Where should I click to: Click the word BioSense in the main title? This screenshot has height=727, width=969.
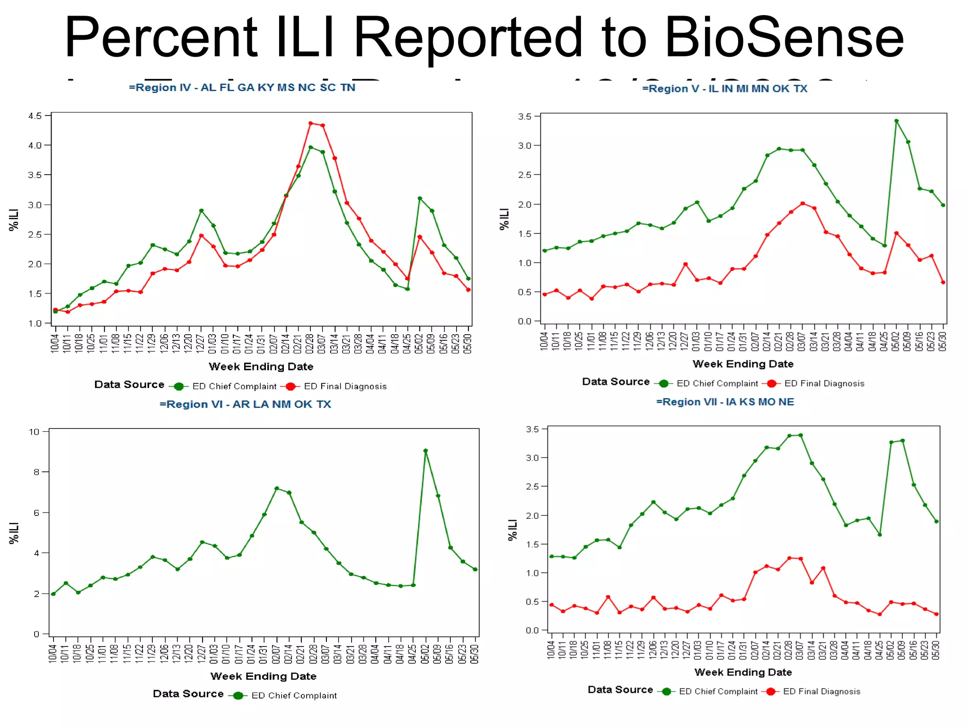click(x=784, y=38)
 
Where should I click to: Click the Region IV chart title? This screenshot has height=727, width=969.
click(x=242, y=88)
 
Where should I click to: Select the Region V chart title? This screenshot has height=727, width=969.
click(x=724, y=89)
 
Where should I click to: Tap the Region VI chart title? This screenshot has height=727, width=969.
click(x=245, y=404)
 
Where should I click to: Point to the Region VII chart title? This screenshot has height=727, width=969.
click(x=725, y=402)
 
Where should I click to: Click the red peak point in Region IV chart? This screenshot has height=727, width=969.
click(x=310, y=124)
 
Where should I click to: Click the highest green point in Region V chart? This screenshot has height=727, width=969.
click(x=896, y=121)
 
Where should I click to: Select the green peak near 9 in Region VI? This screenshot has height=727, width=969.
click(x=425, y=451)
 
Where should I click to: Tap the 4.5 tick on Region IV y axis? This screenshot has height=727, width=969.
click(x=34, y=116)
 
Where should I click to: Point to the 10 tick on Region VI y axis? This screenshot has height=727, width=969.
click(x=34, y=432)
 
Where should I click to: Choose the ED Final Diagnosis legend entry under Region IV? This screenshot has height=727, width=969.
click(x=345, y=386)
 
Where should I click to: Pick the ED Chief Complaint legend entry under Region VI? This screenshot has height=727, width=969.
click(x=294, y=695)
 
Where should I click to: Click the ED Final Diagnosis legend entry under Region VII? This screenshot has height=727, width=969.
click(x=821, y=692)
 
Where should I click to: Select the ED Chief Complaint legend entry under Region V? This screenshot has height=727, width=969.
click(x=717, y=383)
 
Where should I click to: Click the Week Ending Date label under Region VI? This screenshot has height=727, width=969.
click(x=263, y=676)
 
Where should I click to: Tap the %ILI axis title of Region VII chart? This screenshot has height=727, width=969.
click(x=512, y=530)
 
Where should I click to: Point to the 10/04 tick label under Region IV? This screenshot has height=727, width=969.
click(x=55, y=343)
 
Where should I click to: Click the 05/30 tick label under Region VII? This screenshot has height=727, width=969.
click(x=935, y=650)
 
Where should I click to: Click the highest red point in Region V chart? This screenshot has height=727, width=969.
click(x=802, y=204)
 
